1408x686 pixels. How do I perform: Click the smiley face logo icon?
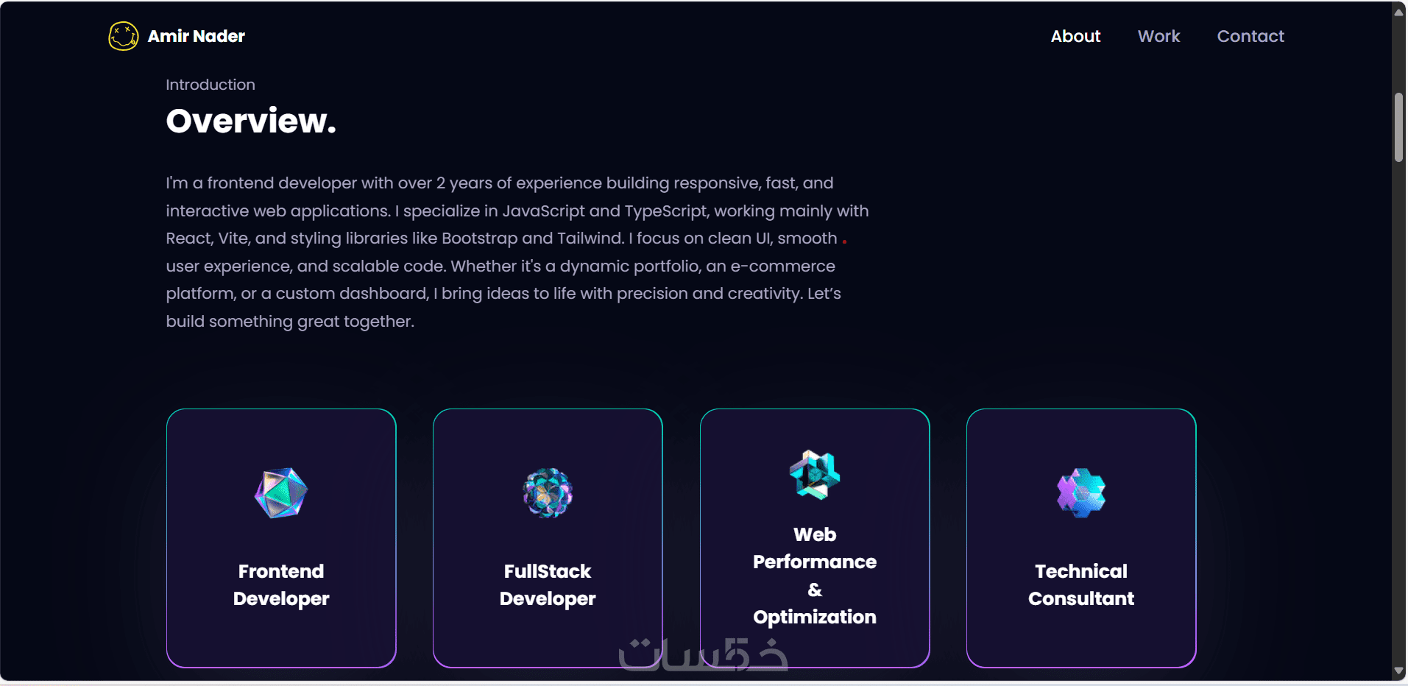(123, 36)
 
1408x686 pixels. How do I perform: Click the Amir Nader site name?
(197, 36)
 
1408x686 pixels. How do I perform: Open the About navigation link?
(1075, 36)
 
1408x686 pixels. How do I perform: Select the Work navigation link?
(1158, 36)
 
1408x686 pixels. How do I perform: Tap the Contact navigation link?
(1250, 36)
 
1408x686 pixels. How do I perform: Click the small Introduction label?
(211, 85)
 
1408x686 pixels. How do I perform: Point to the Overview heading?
(251, 121)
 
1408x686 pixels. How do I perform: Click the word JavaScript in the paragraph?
(544, 211)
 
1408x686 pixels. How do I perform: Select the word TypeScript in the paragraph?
(667, 211)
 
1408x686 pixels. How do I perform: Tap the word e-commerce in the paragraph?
(782, 266)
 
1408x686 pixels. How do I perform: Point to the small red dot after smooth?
(844, 241)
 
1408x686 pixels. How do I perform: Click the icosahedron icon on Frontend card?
(281, 493)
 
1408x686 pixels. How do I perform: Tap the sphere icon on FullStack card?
(548, 493)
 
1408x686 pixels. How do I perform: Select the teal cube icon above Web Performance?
(815, 475)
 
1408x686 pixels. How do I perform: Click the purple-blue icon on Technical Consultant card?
(1081, 493)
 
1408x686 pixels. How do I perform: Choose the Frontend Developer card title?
(281, 585)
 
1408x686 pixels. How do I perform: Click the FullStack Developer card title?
(548, 585)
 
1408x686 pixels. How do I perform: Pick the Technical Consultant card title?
(1081, 585)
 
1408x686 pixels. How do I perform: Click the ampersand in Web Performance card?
(815, 590)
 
